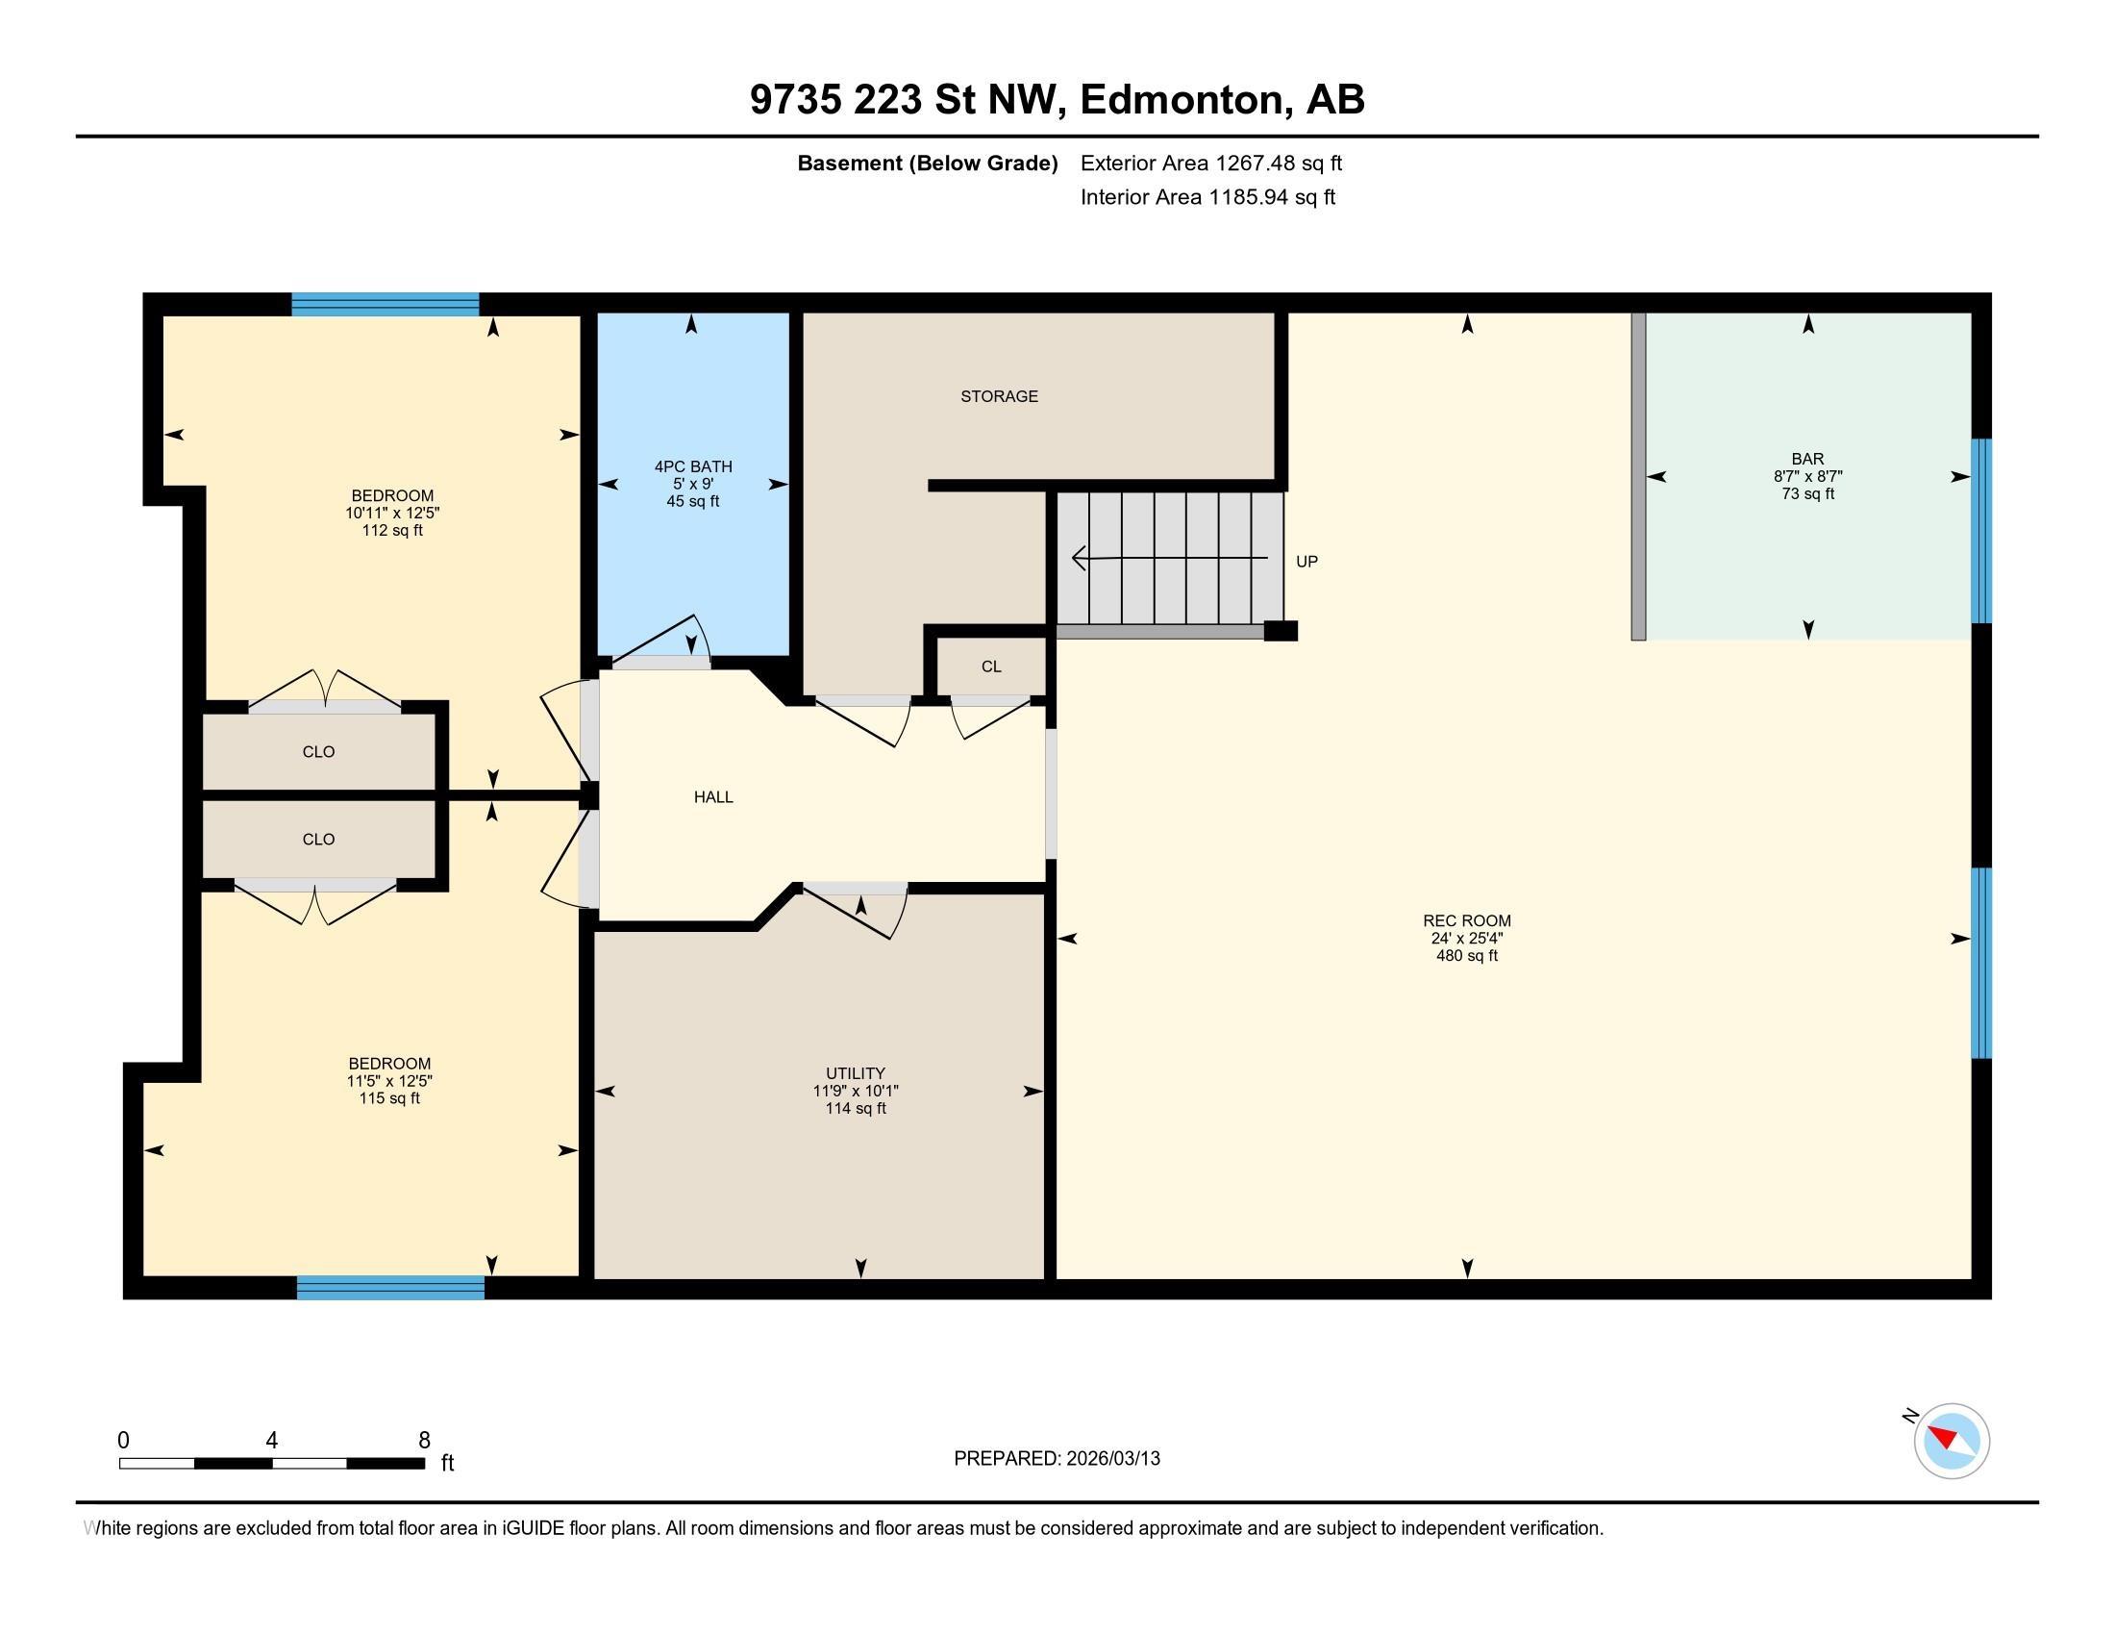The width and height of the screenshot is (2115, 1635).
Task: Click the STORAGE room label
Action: (x=999, y=396)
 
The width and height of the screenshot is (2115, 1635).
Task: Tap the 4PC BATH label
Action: (x=693, y=466)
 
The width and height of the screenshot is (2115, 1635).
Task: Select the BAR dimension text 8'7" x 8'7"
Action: (x=1807, y=476)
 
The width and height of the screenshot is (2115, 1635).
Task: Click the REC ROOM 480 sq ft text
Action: (x=1466, y=956)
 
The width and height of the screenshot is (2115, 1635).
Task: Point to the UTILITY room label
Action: (x=855, y=1073)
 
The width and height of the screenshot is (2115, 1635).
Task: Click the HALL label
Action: (x=713, y=797)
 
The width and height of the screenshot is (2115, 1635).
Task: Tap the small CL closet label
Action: (x=990, y=667)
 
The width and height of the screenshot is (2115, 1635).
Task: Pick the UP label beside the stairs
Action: (x=1306, y=562)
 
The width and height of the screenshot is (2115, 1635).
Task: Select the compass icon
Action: (x=1951, y=1441)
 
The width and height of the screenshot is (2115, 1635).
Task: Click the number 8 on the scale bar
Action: (x=423, y=1441)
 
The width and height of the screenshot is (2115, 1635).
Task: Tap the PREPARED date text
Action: (x=1057, y=1459)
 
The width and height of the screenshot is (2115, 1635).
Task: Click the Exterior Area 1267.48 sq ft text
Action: (x=1210, y=163)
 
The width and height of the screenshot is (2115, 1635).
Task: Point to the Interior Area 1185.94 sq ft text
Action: (x=1207, y=197)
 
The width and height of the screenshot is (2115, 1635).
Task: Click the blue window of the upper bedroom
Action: (x=386, y=304)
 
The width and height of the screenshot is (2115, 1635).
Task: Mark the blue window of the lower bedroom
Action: (x=390, y=1287)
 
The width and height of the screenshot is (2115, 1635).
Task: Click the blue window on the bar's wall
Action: (x=1981, y=531)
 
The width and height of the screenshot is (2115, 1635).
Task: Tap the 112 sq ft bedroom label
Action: (x=392, y=531)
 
